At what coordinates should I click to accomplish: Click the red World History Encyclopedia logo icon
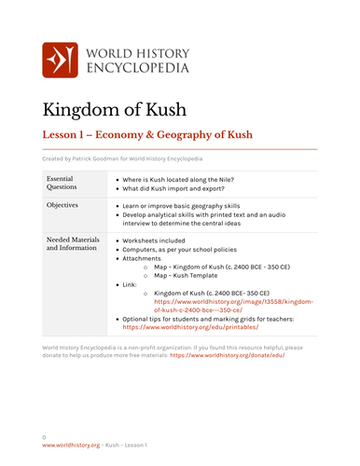[60, 60]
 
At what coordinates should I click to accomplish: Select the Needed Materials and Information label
[72, 244]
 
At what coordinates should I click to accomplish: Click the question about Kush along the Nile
[175, 177]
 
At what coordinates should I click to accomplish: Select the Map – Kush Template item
[193, 275]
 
